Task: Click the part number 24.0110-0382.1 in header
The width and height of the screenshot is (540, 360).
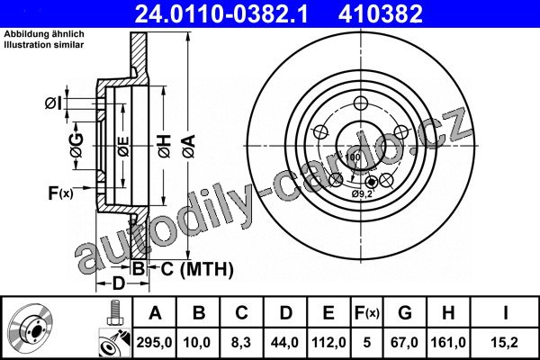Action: [220, 14]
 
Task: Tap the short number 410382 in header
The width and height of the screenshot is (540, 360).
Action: [380, 14]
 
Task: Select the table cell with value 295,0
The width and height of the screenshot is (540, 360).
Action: [154, 342]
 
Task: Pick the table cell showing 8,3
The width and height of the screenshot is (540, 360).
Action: [241, 342]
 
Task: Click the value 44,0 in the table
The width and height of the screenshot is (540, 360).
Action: [285, 342]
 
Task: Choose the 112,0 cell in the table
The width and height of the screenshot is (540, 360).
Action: [328, 342]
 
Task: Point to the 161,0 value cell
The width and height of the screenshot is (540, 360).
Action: [448, 342]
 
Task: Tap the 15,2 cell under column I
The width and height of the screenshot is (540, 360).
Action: [505, 342]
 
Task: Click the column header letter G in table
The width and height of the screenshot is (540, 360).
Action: [405, 313]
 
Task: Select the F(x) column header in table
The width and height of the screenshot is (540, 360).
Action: [367, 313]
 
